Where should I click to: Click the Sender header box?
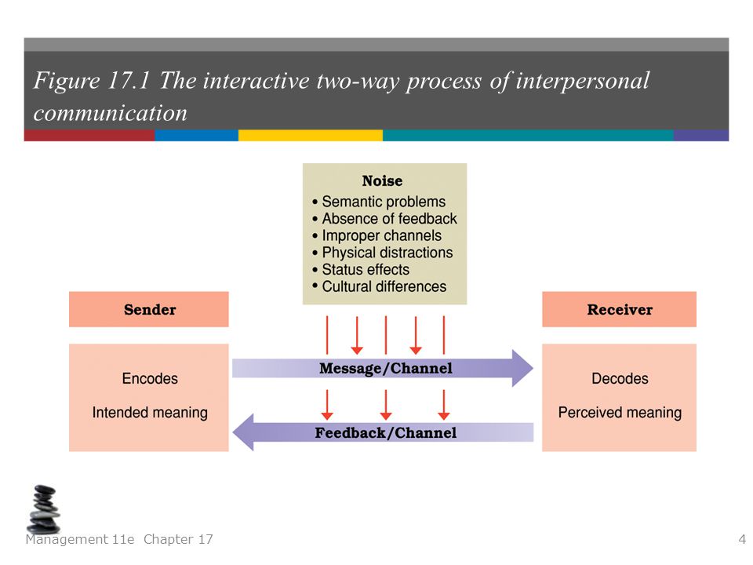[x=149, y=309]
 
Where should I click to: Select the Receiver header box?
[x=619, y=309]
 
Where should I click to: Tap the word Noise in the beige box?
[x=382, y=181]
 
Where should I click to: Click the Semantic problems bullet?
[x=379, y=202]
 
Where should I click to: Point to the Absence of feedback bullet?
[x=384, y=219]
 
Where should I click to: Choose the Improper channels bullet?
[x=377, y=235]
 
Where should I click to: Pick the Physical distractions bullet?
[x=383, y=252]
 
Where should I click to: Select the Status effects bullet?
[x=361, y=269]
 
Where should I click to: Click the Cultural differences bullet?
[x=380, y=286]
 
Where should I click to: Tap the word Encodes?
[x=150, y=378]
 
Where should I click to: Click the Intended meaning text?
[x=150, y=413]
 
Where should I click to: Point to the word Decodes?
[x=620, y=378]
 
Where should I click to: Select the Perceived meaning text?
[x=620, y=413]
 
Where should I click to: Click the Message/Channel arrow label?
[x=386, y=369]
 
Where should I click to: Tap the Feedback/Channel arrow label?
[x=386, y=433]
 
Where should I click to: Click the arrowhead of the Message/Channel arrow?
[x=523, y=369]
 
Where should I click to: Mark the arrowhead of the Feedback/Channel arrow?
[x=243, y=432]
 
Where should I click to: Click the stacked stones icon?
[x=44, y=509]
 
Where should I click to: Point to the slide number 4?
[x=742, y=540]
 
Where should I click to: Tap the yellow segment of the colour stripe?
[x=311, y=136]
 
